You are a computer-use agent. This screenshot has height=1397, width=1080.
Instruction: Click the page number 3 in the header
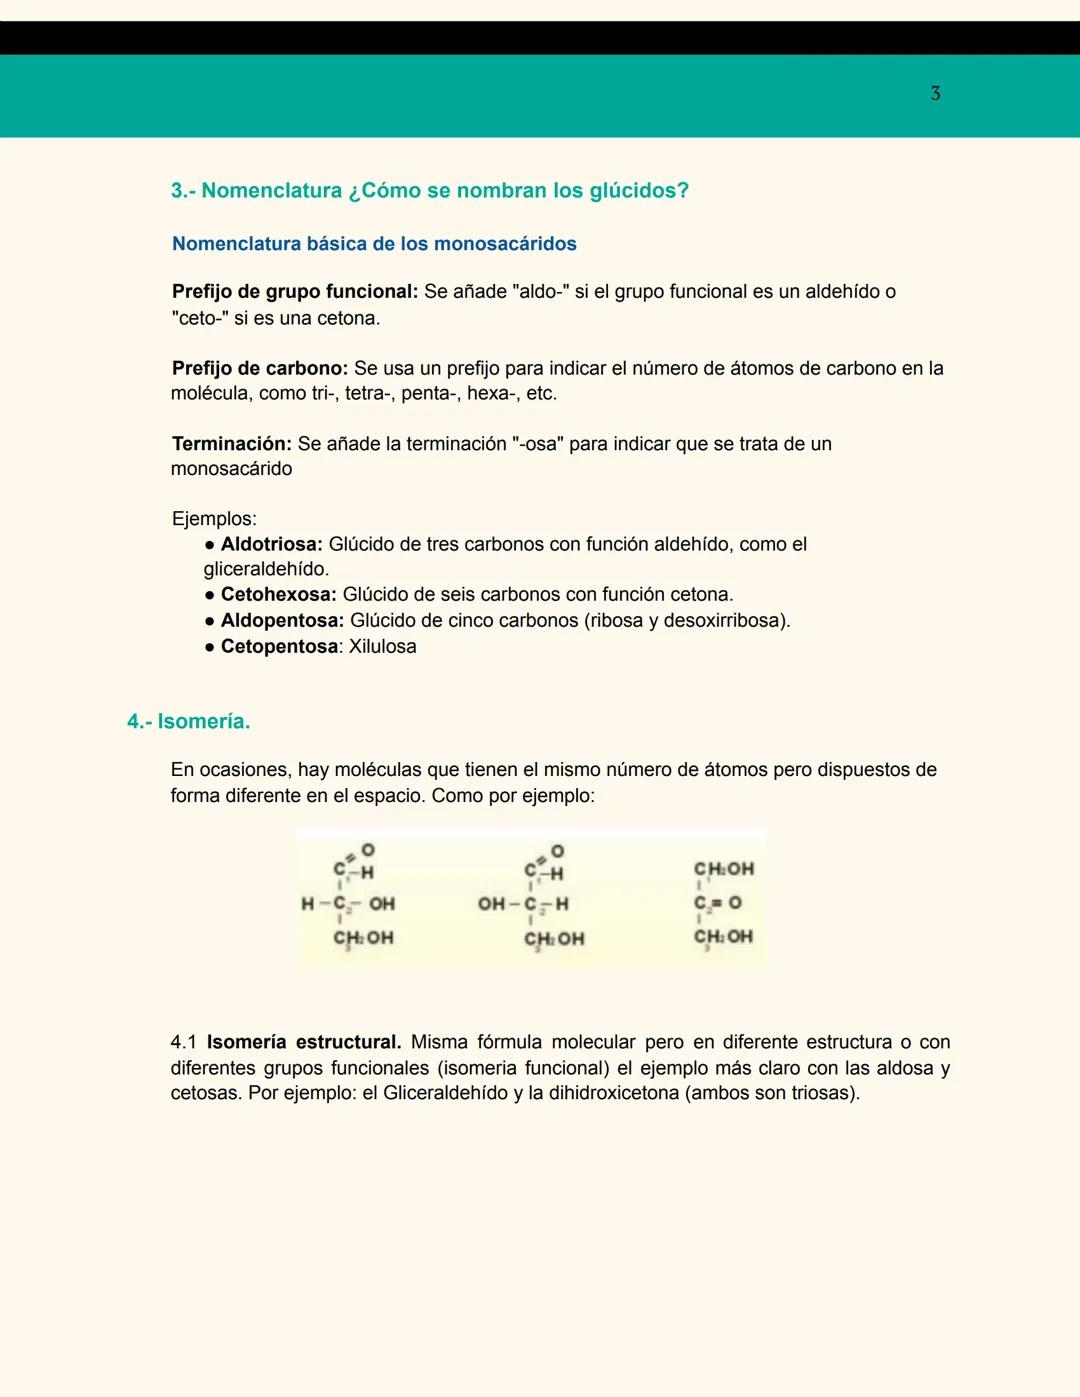point(935,94)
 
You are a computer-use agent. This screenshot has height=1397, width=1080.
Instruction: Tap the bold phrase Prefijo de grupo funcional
point(294,292)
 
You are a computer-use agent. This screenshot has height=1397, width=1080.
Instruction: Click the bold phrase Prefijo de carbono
point(259,368)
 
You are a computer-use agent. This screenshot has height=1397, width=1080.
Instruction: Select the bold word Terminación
point(231,444)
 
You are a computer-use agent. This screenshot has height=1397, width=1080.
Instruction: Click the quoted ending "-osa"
point(538,444)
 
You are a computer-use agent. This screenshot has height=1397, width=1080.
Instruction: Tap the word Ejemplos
point(214,519)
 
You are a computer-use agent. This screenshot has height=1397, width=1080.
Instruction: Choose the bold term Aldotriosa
point(271,545)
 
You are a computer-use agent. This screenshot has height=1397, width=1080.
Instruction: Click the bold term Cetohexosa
point(278,595)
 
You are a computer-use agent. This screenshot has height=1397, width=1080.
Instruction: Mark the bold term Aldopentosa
point(282,621)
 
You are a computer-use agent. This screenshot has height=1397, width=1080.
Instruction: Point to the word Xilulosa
point(383,647)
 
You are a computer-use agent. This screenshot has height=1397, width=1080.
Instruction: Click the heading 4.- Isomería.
point(189,722)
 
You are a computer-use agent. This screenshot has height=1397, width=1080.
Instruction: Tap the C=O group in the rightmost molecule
point(718,903)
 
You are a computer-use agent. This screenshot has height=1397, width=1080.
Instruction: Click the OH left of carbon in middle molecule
point(491,904)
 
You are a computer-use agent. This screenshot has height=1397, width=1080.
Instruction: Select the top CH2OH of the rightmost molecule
point(724,869)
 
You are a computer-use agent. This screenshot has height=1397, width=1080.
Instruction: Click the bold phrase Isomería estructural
point(304,1042)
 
